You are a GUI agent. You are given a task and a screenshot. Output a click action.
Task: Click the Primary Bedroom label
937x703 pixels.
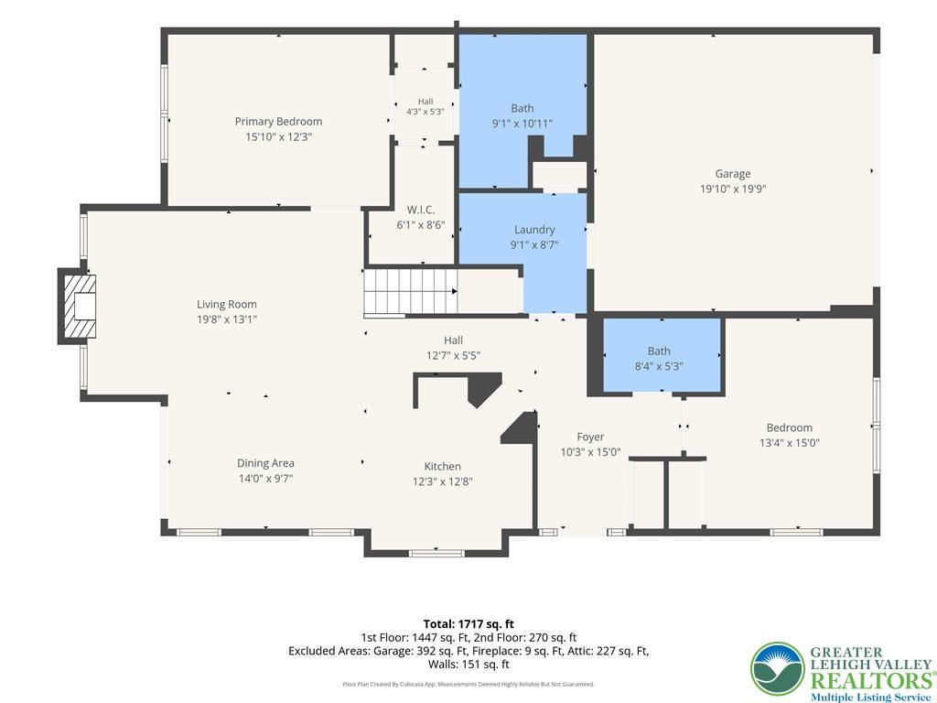pyautogui.click(x=278, y=122)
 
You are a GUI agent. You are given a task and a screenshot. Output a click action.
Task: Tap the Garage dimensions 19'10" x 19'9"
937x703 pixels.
pyautogui.click(x=733, y=189)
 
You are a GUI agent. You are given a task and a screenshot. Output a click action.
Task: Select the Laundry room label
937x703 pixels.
pyautogui.click(x=534, y=230)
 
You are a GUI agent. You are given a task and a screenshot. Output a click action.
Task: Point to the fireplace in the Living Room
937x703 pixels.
pyautogui.click(x=77, y=306)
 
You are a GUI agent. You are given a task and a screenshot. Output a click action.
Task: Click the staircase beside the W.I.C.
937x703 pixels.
pyautogui.click(x=411, y=291)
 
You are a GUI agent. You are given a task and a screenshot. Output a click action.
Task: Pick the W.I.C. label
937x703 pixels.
pyautogui.click(x=421, y=210)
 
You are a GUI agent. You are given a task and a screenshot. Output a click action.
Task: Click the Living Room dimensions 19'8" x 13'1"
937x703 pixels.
pyautogui.click(x=227, y=319)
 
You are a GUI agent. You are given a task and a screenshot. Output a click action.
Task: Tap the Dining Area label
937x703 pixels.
pyautogui.click(x=265, y=462)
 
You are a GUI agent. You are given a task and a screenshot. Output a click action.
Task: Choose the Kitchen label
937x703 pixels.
pyautogui.click(x=442, y=466)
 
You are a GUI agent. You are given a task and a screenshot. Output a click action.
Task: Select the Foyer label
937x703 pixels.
pyautogui.click(x=590, y=437)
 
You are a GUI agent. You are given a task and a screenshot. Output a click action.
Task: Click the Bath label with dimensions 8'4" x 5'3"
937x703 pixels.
pyautogui.click(x=659, y=351)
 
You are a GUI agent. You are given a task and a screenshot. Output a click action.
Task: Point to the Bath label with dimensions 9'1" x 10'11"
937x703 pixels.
pyautogui.click(x=522, y=108)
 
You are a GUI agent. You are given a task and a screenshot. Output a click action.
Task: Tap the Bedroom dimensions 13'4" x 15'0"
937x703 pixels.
pyautogui.click(x=790, y=443)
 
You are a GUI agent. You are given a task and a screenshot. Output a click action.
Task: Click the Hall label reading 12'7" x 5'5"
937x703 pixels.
pyautogui.click(x=453, y=341)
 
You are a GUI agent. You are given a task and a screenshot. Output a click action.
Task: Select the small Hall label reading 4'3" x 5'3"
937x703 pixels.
pyautogui.click(x=425, y=102)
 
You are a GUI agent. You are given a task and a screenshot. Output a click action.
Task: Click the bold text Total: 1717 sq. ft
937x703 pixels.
pyautogui.click(x=468, y=624)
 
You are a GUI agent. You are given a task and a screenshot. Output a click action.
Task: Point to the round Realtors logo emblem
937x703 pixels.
pyautogui.click(x=778, y=669)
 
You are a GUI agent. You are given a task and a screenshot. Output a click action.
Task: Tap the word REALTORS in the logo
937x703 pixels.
pyautogui.click(x=872, y=680)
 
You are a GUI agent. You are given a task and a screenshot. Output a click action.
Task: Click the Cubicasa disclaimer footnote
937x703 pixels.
pyautogui.click(x=468, y=684)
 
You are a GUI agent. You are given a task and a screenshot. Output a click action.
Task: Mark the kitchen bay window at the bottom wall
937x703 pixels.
pyautogui.click(x=436, y=553)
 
